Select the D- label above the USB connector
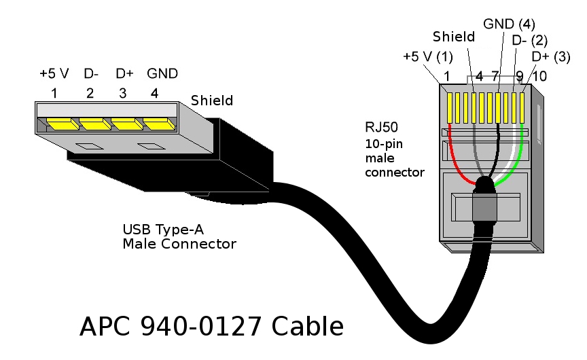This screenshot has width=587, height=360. pos(92,73)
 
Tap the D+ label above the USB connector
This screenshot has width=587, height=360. pos(124,73)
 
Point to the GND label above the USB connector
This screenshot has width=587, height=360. pos(162,73)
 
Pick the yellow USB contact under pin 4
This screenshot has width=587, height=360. pos(158,124)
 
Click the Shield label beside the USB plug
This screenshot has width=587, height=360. pos(211,101)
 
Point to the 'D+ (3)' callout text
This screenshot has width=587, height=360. pos(550,56)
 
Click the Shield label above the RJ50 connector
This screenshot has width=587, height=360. pos(453,36)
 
